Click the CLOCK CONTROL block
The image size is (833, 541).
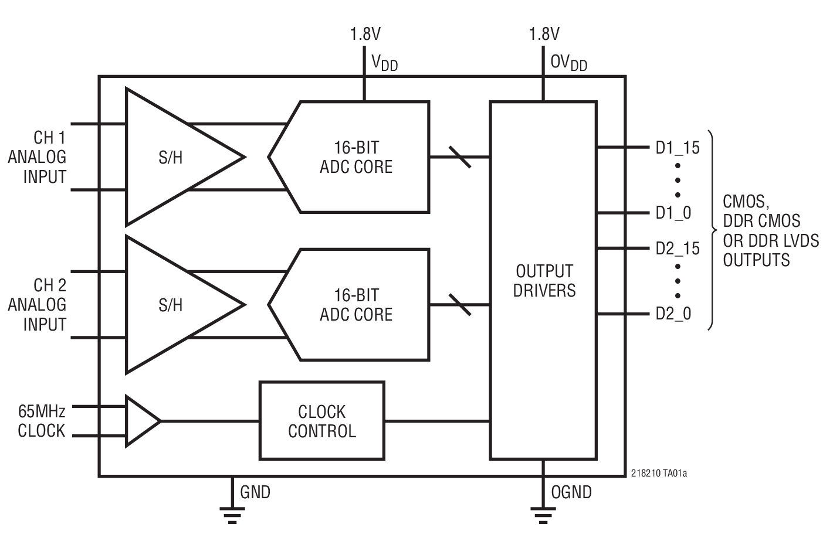coord(321,421)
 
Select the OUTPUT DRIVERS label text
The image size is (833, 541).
coord(544,281)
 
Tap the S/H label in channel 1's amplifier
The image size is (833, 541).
coord(170,157)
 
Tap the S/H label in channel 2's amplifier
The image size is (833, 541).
coord(170,305)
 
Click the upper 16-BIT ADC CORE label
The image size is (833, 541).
coord(356,157)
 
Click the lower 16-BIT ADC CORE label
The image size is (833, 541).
coord(356,305)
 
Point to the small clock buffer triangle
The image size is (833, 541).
coord(140,421)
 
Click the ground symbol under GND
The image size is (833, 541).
coord(233,513)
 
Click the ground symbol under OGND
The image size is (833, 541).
coord(543,513)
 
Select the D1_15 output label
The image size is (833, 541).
coord(678,148)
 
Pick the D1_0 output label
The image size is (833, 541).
coord(673,213)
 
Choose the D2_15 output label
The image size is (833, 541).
coord(678,249)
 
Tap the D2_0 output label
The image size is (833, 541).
coord(673,314)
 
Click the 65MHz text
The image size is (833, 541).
coord(41,410)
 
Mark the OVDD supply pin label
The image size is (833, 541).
coord(568,62)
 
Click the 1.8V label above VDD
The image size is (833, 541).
coord(365,34)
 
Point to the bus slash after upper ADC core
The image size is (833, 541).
coord(459,157)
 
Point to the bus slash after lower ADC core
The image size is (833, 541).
coord(459,305)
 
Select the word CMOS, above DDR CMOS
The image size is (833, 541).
coord(744,202)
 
